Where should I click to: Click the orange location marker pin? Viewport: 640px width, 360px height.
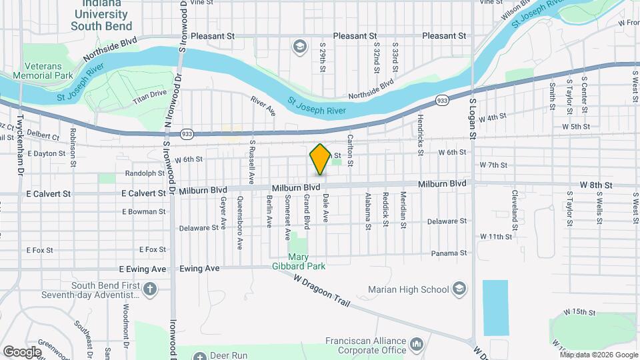(x=320, y=159)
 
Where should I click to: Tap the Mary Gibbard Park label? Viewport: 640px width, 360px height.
(x=307, y=261)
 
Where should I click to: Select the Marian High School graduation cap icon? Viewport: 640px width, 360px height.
(x=459, y=289)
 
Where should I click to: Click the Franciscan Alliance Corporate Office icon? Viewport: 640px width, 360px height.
(x=417, y=344)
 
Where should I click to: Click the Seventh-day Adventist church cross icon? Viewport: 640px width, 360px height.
(x=150, y=289)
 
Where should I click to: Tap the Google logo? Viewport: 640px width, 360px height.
(x=23, y=351)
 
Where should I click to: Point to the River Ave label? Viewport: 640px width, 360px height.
(x=263, y=106)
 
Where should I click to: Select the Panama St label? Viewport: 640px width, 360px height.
(x=447, y=253)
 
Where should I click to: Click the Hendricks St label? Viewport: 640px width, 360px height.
(x=421, y=133)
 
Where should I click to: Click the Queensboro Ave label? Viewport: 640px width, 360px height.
(x=239, y=226)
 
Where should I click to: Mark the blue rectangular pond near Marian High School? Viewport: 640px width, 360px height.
(x=495, y=307)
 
